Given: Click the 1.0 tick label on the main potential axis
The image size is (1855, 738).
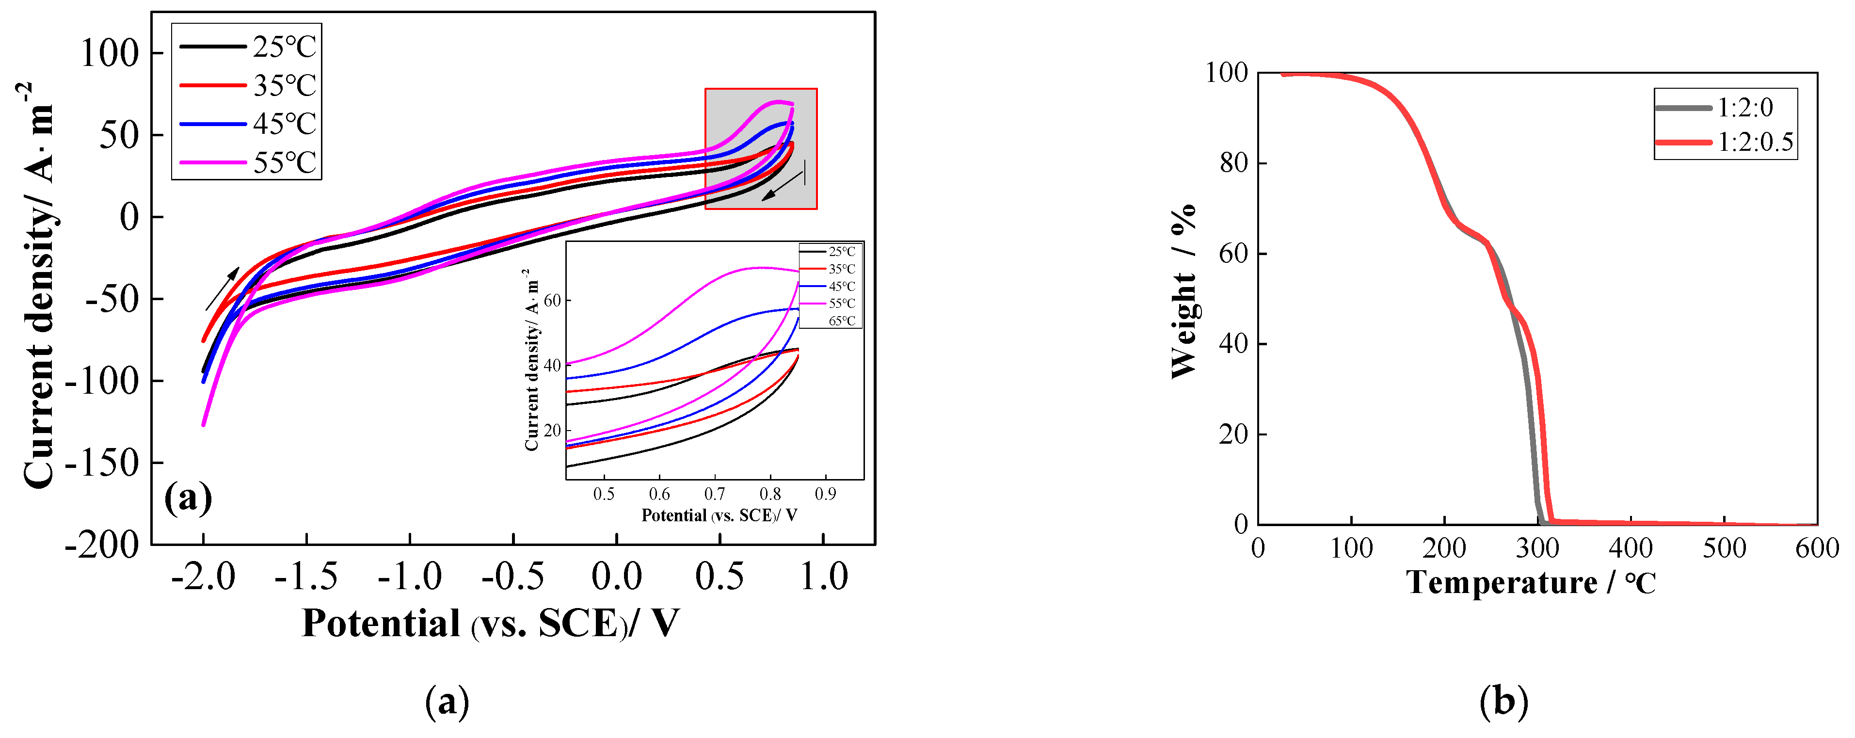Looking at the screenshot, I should pos(824,576).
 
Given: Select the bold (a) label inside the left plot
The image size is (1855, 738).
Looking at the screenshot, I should pos(188,497).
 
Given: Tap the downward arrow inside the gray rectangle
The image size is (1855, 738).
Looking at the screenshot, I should pos(782,186).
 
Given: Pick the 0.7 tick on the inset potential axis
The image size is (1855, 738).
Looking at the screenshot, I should pos(714,494).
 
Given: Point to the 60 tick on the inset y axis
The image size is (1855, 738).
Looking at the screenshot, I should pos(552,300).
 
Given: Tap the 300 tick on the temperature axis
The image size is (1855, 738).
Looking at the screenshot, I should pos(1537,548).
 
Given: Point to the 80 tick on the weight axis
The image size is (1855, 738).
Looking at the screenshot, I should pos(1233,163).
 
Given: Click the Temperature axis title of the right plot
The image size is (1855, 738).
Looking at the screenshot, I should pos(1530,582).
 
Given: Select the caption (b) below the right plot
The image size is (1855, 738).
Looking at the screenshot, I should pos(1503,701).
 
